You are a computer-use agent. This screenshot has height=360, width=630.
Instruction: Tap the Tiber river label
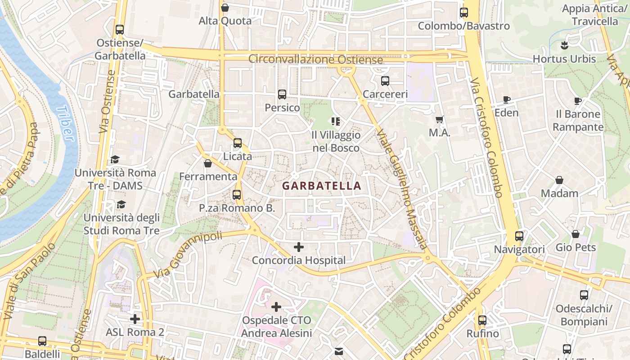coord(66,123)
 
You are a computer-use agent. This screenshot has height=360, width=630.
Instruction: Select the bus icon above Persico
coord(282,94)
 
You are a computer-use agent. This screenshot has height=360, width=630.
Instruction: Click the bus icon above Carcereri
coord(385,81)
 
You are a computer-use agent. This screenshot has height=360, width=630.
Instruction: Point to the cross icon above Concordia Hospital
coord(298,247)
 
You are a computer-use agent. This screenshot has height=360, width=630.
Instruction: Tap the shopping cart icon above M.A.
coord(440,120)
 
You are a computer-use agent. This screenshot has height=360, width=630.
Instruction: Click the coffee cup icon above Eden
coord(507,99)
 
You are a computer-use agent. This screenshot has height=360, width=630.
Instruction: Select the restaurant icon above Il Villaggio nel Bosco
coord(335,121)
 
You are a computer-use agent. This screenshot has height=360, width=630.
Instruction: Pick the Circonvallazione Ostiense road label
coord(315,59)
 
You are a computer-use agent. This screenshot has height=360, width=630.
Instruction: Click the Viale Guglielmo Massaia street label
coord(401,189)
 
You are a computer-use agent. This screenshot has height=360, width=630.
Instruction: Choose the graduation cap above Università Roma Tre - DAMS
coord(115,159)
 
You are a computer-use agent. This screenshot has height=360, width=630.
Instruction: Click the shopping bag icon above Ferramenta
coord(208,163)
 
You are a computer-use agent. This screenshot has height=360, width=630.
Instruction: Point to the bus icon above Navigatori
coord(519,236)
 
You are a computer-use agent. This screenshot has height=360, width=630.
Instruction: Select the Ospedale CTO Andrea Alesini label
coord(276,327)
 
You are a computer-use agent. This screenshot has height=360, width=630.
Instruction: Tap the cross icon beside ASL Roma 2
coord(135,319)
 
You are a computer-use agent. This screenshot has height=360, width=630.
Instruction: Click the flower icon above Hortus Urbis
coord(564,45)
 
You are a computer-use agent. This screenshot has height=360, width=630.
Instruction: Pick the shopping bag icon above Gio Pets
coord(576,234)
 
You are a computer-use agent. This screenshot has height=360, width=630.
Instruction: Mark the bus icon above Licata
coord(238,143)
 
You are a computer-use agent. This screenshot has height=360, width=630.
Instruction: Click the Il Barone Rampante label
coord(578,121)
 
